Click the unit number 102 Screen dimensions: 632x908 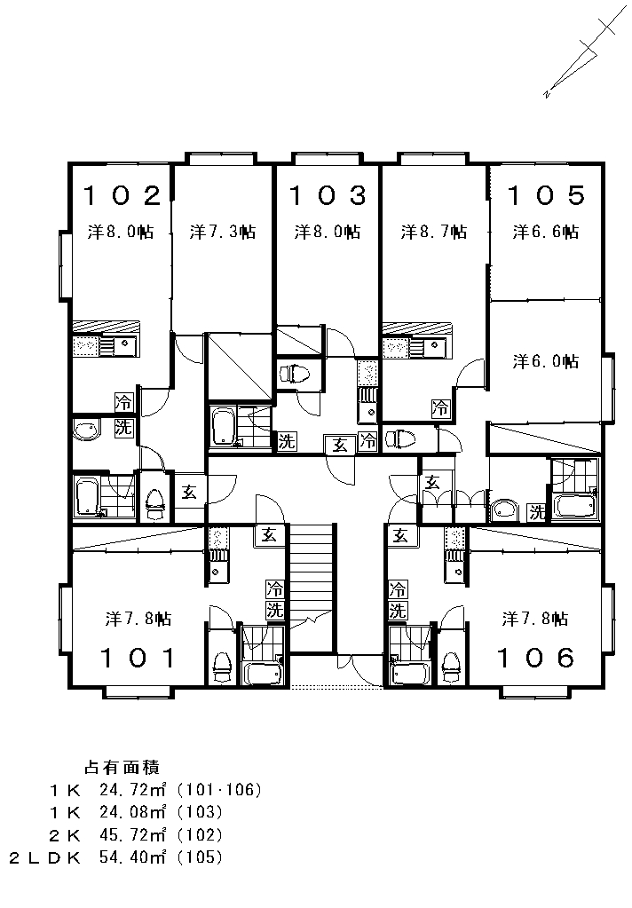coord(122,196)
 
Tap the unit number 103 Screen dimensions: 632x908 coord(328,196)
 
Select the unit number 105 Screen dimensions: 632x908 coord(547,196)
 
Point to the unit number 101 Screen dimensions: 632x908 coord(138,658)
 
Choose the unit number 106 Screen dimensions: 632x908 coord(536,658)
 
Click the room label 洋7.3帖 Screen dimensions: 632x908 coord(223,232)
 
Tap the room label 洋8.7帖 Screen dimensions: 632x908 coord(434,232)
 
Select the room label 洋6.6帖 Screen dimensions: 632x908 coord(546,232)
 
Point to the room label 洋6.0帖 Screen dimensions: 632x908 coord(546,361)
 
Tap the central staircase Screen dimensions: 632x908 coord(312,587)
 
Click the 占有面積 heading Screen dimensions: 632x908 coord(122,767)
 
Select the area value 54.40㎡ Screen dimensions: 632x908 coord(132,857)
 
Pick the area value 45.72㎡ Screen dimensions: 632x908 coord(132,834)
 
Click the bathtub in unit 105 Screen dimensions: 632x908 coord(574,505)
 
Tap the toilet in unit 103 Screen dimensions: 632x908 coord(295,375)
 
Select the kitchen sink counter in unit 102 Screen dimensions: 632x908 coord(105,346)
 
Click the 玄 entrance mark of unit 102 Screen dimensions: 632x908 coord(189,493)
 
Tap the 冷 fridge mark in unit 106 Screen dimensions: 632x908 coord(398,589)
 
